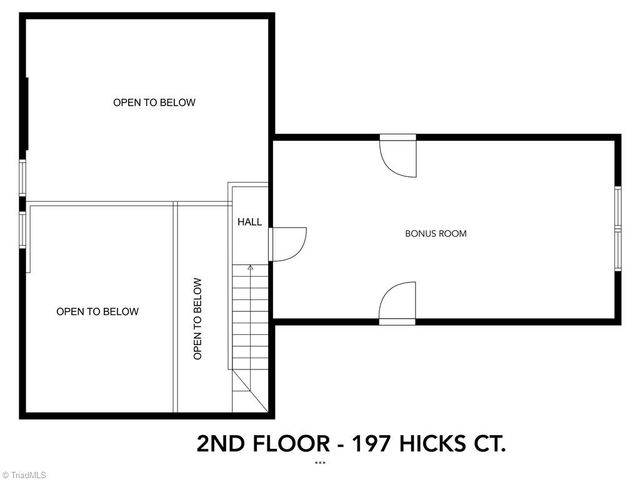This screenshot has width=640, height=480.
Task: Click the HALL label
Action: (x=249, y=222)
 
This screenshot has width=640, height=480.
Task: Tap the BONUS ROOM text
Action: (x=435, y=234)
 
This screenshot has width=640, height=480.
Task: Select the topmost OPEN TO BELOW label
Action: (x=154, y=102)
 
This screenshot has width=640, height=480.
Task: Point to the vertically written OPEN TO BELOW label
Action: (x=198, y=319)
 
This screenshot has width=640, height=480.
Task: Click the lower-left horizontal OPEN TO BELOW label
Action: (x=98, y=312)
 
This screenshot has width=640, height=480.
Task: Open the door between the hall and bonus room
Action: (x=288, y=243)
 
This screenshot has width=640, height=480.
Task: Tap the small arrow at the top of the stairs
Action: (x=250, y=268)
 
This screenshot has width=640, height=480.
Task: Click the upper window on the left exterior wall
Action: (x=22, y=179)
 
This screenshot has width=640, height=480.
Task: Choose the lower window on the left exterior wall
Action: (x=22, y=228)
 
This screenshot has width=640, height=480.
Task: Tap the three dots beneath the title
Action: (x=320, y=464)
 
